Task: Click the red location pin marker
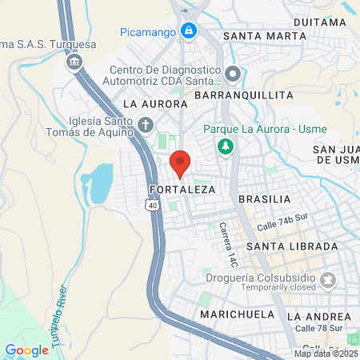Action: [180, 162]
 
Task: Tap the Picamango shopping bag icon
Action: [188, 32]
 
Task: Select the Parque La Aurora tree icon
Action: [225, 146]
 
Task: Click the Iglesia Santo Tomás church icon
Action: [145, 124]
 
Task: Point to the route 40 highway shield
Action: [151, 206]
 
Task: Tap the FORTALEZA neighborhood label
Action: [182, 190]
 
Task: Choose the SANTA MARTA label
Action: [264, 36]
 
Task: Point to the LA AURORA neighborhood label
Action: [155, 104]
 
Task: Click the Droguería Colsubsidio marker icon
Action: [328, 279]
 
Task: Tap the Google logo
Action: [27, 350]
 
